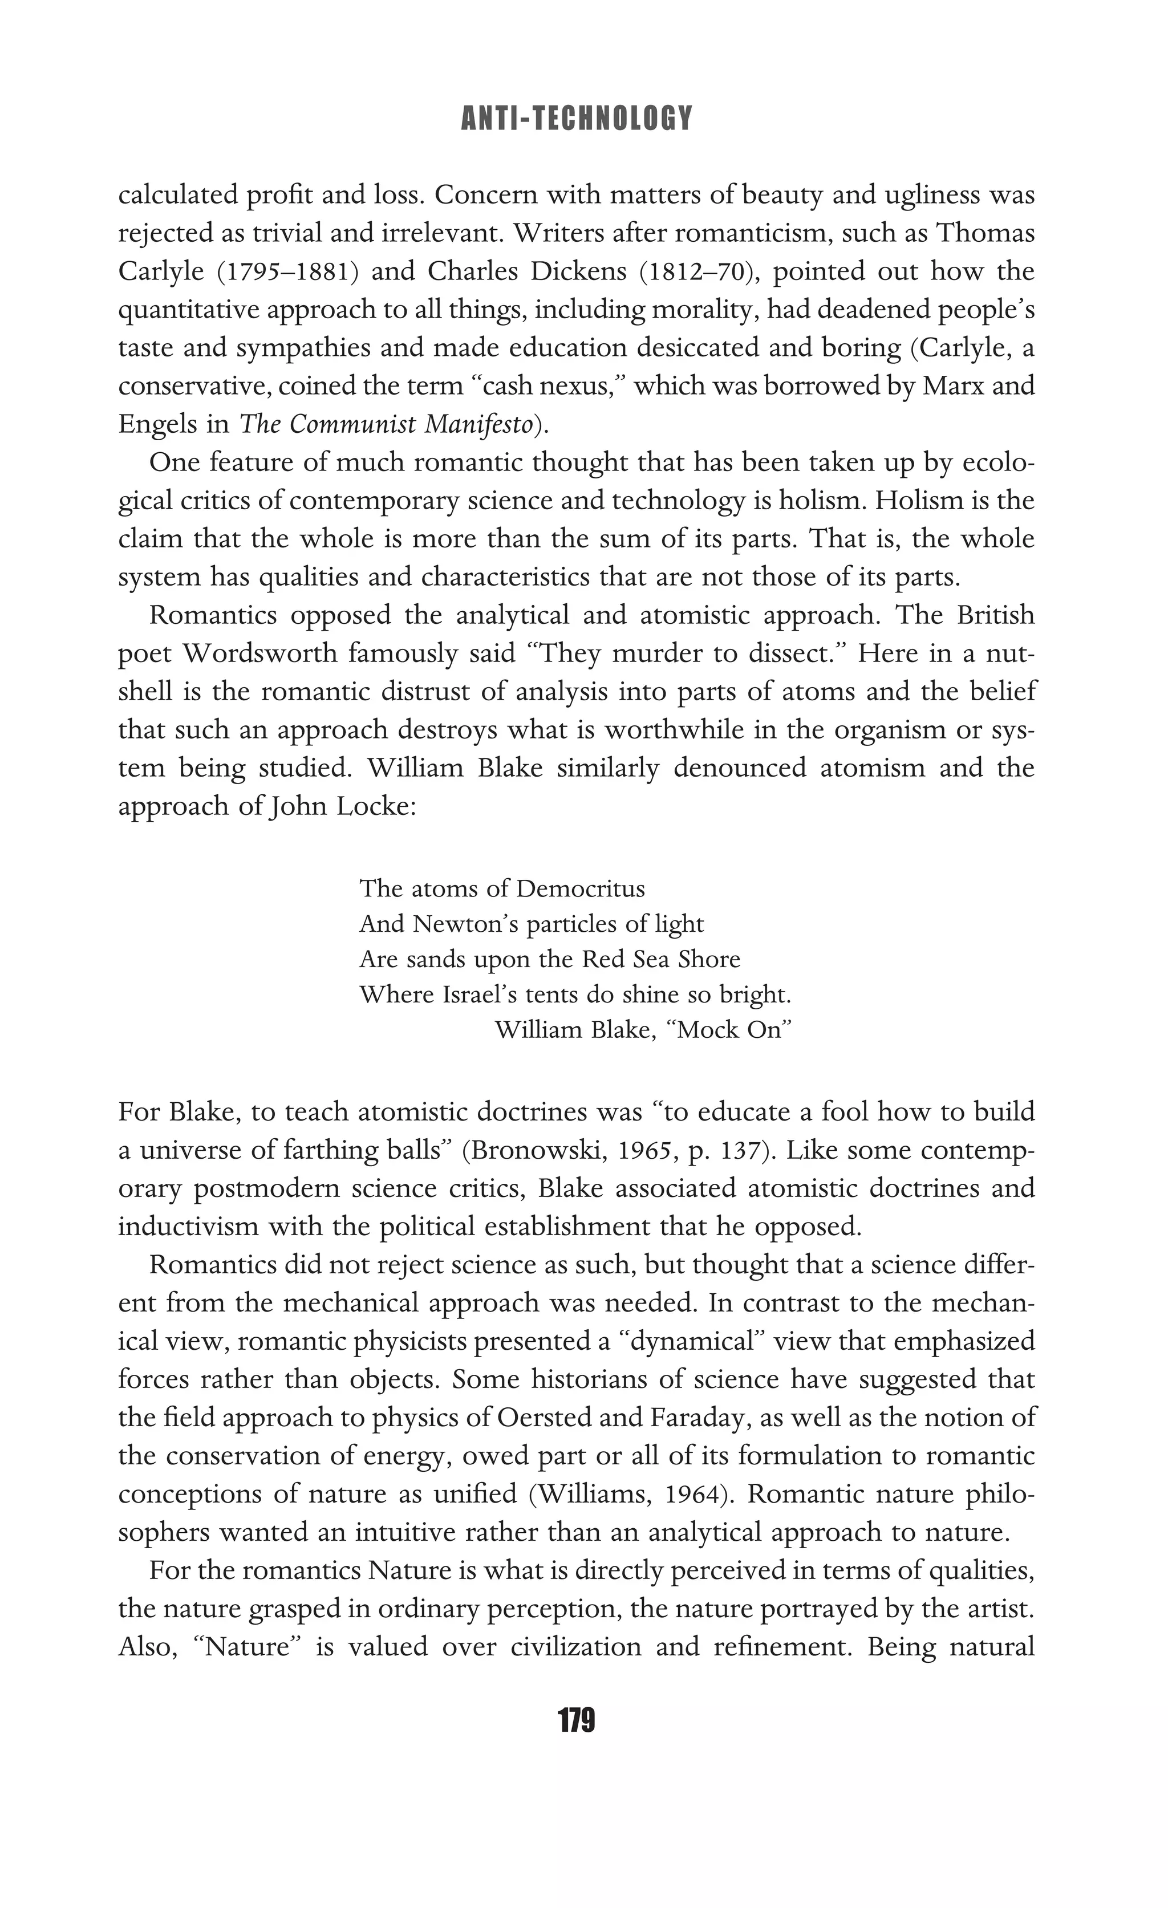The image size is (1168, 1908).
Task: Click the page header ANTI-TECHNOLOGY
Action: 576,119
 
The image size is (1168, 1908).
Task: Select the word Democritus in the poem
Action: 580,888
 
